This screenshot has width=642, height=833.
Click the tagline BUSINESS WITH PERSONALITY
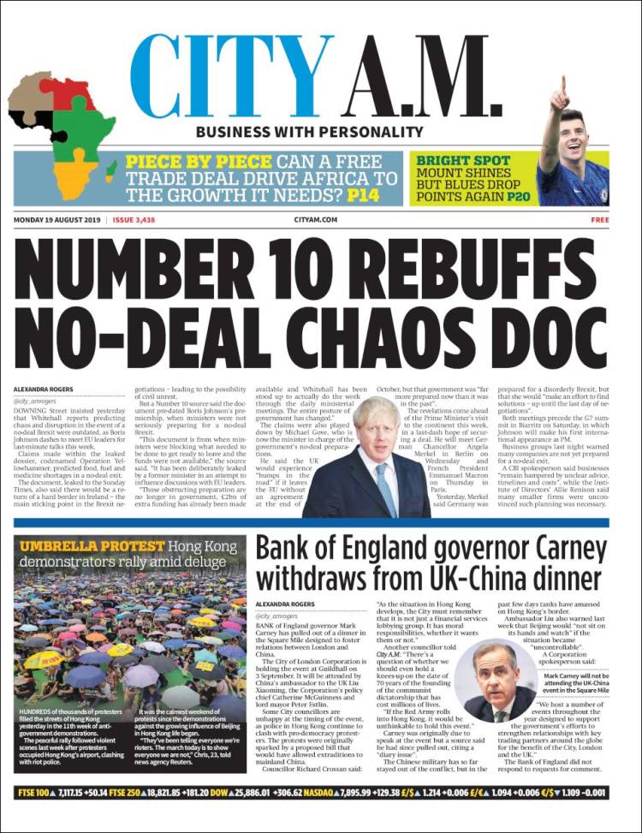pos(309,133)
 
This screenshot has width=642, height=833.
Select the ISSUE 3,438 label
pos(134,220)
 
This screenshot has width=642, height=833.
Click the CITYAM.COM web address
pos(315,220)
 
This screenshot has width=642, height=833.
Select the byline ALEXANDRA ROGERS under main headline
pos(44,390)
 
